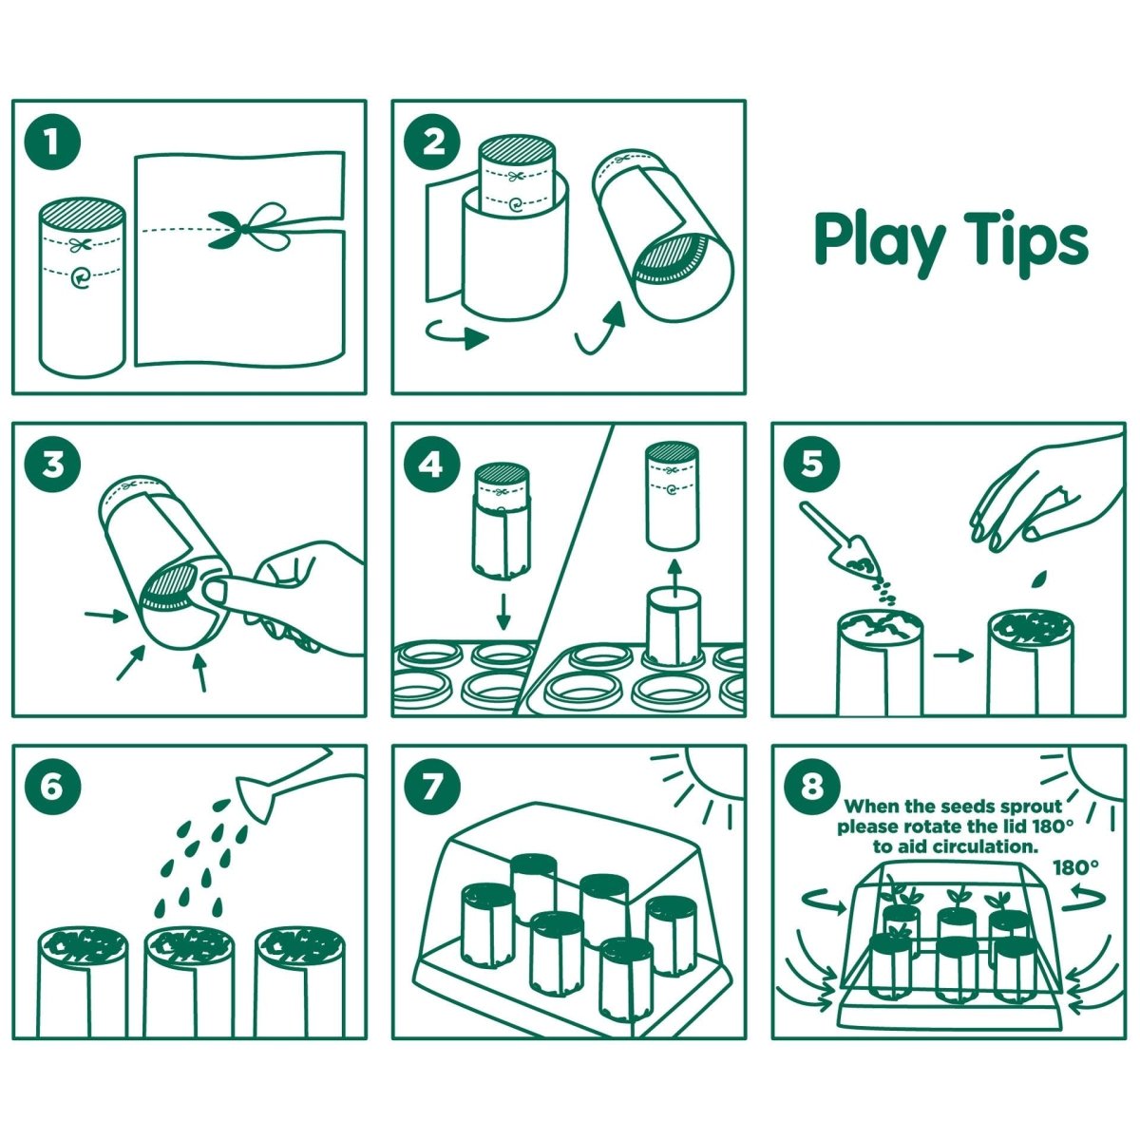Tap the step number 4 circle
click(x=433, y=465)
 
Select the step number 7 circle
click(x=433, y=788)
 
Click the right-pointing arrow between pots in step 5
click(x=953, y=655)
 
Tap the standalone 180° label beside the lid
click(x=1075, y=866)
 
